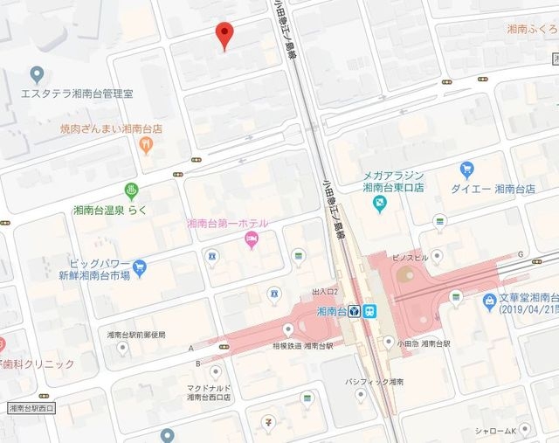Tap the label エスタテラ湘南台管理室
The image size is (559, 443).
click(77, 93)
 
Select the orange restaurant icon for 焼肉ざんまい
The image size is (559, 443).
click(147, 145)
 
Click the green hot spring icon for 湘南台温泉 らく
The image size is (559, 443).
click(131, 190)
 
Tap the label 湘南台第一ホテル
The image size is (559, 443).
click(227, 223)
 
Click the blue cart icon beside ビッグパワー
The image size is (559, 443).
click(139, 266)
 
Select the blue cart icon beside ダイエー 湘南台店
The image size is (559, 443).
click(467, 170)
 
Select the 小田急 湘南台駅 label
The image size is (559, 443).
click(422, 343)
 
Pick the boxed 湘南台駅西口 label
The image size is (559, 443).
click(31, 408)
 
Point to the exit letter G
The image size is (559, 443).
click(521, 254)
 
